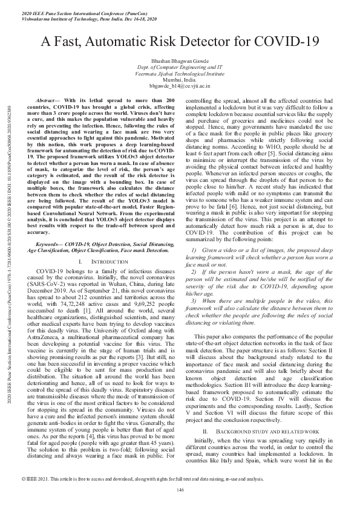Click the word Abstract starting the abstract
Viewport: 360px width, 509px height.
click(x=50, y=99)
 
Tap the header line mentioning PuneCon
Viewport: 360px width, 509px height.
click(x=79, y=12)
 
